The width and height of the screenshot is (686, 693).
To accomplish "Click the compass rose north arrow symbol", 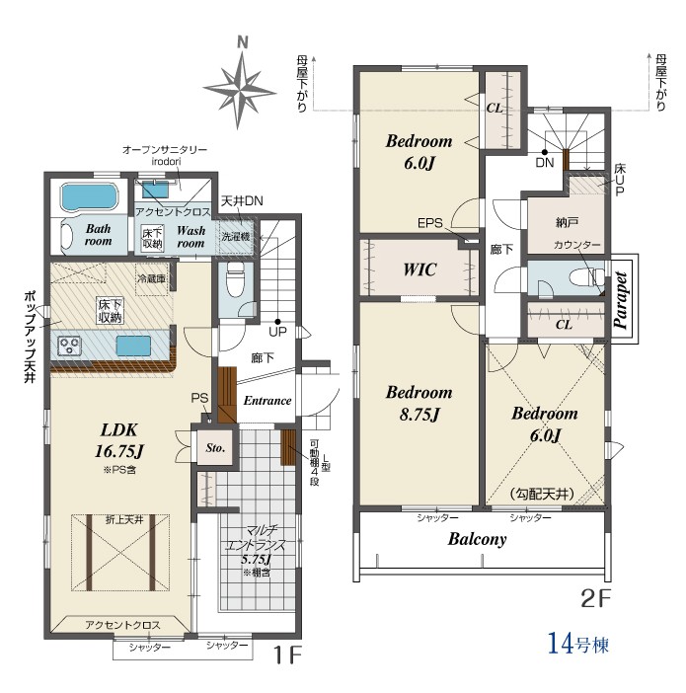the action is pyautogui.click(x=241, y=85).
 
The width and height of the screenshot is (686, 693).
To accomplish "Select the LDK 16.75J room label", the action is pyautogui.click(x=119, y=440).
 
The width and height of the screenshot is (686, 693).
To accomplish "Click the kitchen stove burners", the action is pyautogui.click(x=70, y=346).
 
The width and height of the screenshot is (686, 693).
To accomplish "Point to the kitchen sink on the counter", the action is pyautogui.click(x=133, y=346).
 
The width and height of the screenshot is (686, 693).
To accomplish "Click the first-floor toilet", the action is pyautogui.click(x=235, y=279).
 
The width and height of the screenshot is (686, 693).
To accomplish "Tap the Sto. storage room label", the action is pyautogui.click(x=215, y=448).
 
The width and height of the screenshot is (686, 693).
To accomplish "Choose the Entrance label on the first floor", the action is pyautogui.click(x=267, y=401).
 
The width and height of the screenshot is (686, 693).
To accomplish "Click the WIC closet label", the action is pyautogui.click(x=419, y=269).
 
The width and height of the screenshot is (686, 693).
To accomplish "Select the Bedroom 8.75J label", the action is pyautogui.click(x=419, y=403).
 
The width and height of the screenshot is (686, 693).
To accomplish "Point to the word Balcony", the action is pyautogui.click(x=477, y=539).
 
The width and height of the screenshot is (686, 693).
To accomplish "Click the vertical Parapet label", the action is pyautogui.click(x=622, y=300).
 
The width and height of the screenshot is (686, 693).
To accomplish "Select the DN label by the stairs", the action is pyautogui.click(x=545, y=163).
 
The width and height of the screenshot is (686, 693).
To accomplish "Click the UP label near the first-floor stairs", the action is pyautogui.click(x=277, y=332).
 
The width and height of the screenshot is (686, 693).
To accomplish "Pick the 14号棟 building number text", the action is pyautogui.click(x=578, y=643).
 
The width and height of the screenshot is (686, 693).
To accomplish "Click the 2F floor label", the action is pyautogui.click(x=595, y=599).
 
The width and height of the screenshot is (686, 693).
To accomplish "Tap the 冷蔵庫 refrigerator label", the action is pyautogui.click(x=152, y=279).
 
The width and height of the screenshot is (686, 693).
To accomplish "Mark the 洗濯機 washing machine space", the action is pyautogui.click(x=236, y=237).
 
